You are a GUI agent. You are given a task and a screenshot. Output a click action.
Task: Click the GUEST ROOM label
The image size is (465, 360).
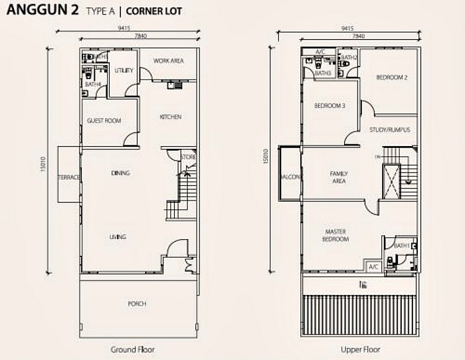point(104,121)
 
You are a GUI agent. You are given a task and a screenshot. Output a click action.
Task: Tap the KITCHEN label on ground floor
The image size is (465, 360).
point(170,117)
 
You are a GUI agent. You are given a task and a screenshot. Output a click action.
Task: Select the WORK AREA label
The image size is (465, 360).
point(168,61)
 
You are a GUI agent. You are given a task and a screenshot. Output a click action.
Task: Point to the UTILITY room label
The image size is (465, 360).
point(124,70)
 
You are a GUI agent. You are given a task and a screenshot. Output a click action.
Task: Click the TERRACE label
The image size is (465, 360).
point(68,177)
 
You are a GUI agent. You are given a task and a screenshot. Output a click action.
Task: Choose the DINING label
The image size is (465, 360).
point(120,173)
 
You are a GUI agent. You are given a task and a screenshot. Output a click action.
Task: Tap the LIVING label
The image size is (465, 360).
point(118,237)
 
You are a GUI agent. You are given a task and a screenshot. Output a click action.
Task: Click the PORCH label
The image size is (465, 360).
point(137,304)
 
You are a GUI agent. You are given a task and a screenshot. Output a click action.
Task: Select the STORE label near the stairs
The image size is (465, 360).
point(189,157)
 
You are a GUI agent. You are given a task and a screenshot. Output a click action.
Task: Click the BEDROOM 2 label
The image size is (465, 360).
point(391,78)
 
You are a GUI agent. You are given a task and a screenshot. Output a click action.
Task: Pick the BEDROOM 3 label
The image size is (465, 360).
point(329,106)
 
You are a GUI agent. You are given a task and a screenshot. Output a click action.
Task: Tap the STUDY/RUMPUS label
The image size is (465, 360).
point(389,130)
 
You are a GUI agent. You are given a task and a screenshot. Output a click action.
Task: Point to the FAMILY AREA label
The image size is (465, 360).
point(339,177)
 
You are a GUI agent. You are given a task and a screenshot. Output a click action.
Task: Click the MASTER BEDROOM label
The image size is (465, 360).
point(335,235)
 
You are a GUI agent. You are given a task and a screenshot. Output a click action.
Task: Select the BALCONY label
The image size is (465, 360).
point(290,177)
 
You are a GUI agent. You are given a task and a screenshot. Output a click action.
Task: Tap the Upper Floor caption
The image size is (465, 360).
point(360,349)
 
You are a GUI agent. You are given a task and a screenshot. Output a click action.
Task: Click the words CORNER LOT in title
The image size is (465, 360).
point(153,11)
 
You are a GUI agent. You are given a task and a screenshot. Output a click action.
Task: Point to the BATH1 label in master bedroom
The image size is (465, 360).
point(401,246)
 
